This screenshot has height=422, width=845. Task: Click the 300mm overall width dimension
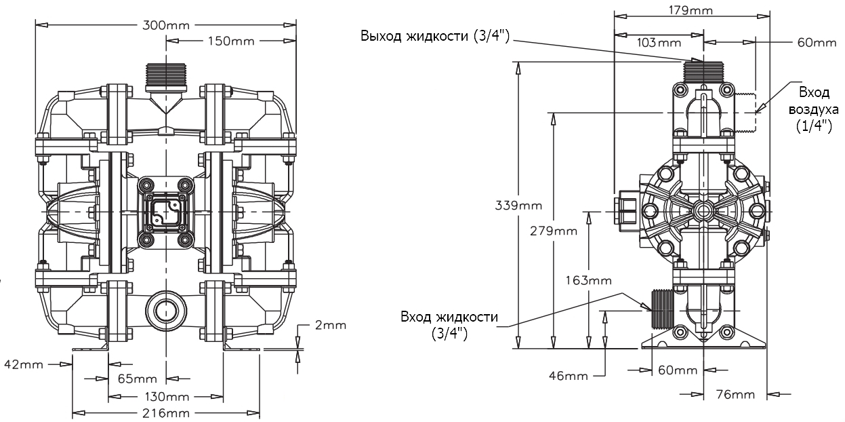(165, 25)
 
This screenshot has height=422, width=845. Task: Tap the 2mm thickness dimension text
(330, 325)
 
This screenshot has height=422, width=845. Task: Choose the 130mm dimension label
(165, 396)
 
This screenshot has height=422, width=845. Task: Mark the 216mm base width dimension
(165, 413)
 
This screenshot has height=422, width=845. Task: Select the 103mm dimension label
(659, 43)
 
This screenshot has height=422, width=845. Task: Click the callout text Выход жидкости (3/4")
(438, 36)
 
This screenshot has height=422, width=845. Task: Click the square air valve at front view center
(165, 212)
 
